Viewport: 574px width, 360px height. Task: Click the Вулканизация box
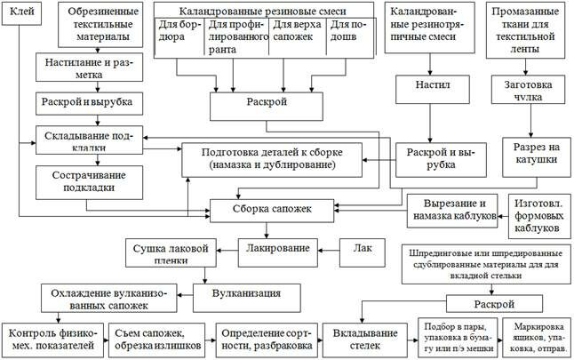pos(248,292)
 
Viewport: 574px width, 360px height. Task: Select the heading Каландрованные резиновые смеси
pos(263,12)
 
